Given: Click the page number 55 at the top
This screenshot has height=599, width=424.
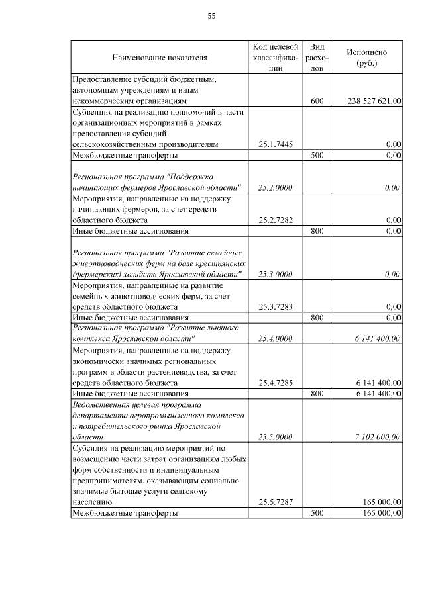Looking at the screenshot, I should [x=212, y=15].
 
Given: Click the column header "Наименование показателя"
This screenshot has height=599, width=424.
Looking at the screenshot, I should [x=160, y=58].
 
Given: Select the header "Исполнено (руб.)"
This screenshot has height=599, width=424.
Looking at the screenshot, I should [x=366, y=58].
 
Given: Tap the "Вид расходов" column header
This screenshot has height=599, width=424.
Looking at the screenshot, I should [x=317, y=58].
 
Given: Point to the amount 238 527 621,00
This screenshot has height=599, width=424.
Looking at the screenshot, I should [x=374, y=101].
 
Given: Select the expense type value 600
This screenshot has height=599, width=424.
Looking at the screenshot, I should [x=317, y=101].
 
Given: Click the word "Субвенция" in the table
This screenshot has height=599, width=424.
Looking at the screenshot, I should [x=93, y=113].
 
